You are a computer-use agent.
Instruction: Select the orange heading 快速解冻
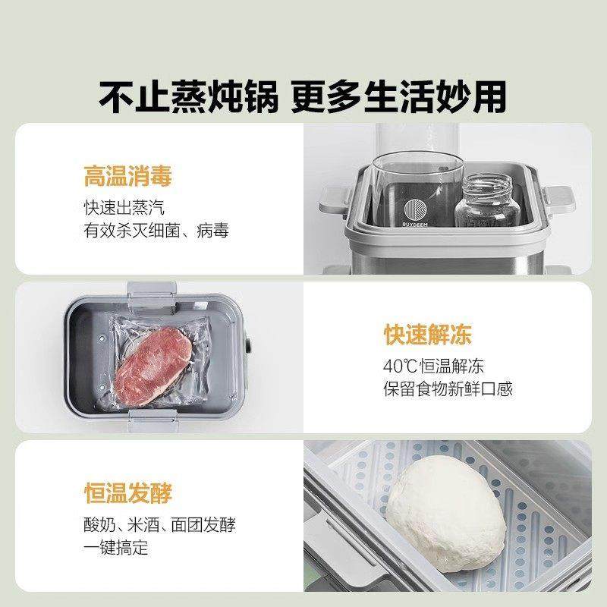click(427, 335)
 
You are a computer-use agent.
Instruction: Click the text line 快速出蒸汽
click(124, 207)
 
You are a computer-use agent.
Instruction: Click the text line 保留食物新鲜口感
click(448, 389)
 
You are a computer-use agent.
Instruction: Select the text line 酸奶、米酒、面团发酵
click(165, 525)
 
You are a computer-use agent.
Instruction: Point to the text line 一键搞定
click(116, 548)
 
